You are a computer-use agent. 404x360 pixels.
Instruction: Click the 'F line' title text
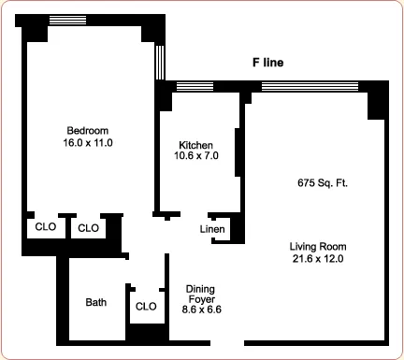click(267, 62)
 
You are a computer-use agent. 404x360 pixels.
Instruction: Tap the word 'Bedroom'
click(88, 130)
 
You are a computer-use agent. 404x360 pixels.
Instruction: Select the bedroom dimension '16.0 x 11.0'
click(88, 143)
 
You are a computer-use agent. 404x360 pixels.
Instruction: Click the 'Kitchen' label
click(197, 144)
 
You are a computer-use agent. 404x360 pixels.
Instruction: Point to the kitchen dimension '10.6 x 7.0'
click(197, 156)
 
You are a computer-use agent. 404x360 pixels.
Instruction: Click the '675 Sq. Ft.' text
click(316, 183)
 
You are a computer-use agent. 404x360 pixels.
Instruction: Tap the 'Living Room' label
click(316, 245)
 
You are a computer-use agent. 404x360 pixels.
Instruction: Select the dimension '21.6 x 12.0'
click(316, 258)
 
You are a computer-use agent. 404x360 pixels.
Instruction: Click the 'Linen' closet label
click(211, 229)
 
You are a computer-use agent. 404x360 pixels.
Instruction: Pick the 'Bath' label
click(96, 302)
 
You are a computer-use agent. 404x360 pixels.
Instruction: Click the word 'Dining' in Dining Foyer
click(201, 288)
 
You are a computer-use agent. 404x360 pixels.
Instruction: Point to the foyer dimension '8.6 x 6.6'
click(201, 310)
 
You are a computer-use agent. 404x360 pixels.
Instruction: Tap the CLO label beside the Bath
click(146, 306)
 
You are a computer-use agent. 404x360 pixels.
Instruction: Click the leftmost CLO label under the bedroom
click(45, 227)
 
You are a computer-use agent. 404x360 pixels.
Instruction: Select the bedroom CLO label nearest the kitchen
click(88, 227)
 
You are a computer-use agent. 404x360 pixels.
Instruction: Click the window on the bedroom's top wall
click(67, 20)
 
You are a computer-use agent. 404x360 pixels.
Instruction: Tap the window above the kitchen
click(195, 87)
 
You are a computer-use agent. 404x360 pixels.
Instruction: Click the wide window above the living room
click(310, 87)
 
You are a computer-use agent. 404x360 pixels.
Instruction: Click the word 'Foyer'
click(201, 299)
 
